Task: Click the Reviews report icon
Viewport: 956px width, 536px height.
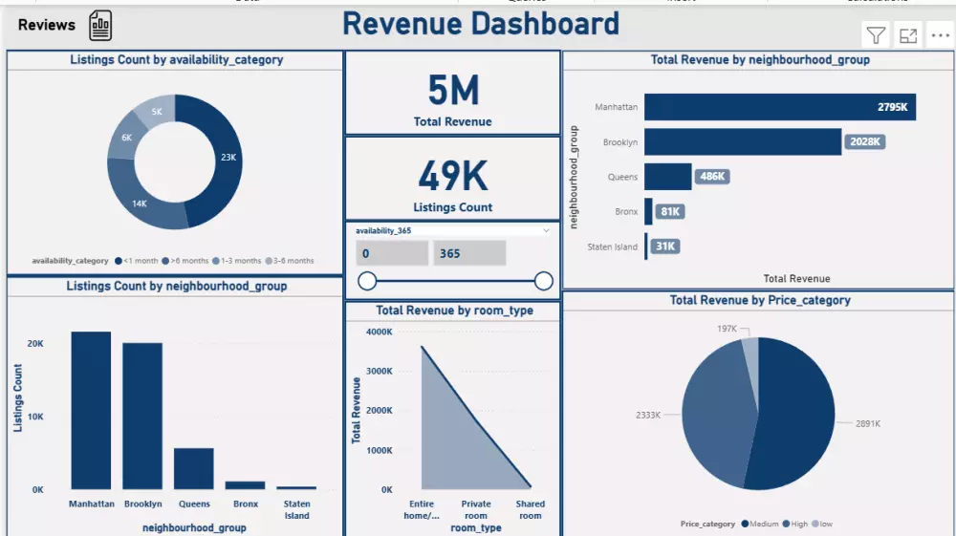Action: click(x=100, y=26)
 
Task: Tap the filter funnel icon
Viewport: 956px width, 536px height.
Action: click(x=876, y=36)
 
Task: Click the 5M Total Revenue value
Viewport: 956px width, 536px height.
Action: click(x=453, y=91)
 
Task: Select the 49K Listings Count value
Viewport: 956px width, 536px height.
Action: click(x=453, y=176)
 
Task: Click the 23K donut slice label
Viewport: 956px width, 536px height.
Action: click(x=228, y=157)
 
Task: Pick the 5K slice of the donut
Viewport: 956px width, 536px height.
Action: click(x=157, y=112)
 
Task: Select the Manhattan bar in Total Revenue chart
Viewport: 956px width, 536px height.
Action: click(x=779, y=107)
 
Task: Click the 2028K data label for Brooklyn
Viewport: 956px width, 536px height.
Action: click(x=864, y=142)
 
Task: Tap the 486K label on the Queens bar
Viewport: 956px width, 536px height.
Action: click(x=712, y=177)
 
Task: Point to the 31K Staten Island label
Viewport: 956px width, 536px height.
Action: click(x=665, y=247)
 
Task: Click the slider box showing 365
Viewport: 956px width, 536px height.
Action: click(x=468, y=253)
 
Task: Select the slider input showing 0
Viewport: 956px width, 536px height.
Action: click(x=392, y=253)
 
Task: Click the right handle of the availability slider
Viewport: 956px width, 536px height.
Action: click(x=544, y=281)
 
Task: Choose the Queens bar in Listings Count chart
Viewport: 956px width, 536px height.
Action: click(x=193, y=468)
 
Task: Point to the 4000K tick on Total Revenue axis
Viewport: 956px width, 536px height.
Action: click(x=380, y=332)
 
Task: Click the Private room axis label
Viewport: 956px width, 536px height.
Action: click(x=476, y=509)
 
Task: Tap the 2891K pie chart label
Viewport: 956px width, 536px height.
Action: click(x=859, y=422)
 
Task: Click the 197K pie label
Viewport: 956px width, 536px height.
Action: click(x=727, y=329)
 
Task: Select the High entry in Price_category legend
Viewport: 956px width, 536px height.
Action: click(x=799, y=524)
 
